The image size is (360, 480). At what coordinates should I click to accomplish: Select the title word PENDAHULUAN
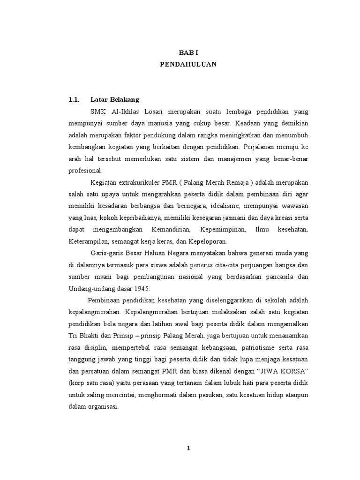tap(188, 65)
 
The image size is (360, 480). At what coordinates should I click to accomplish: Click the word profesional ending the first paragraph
tap(85, 170)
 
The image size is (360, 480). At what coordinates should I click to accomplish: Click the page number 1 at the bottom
tap(188, 449)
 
